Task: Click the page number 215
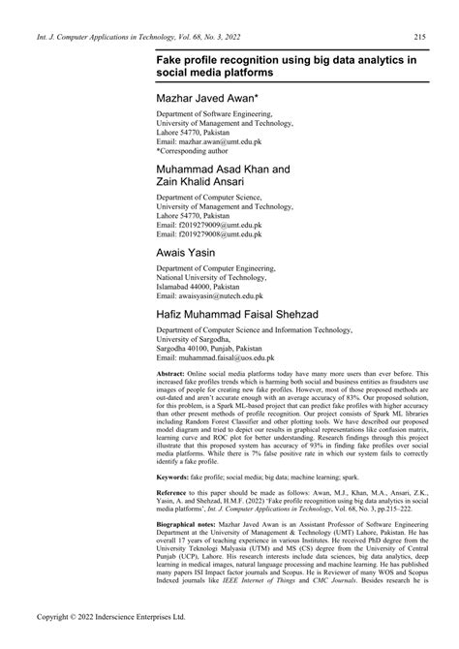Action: click(x=421, y=37)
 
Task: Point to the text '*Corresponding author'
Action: click(x=202, y=152)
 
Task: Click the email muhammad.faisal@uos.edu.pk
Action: click(x=219, y=358)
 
